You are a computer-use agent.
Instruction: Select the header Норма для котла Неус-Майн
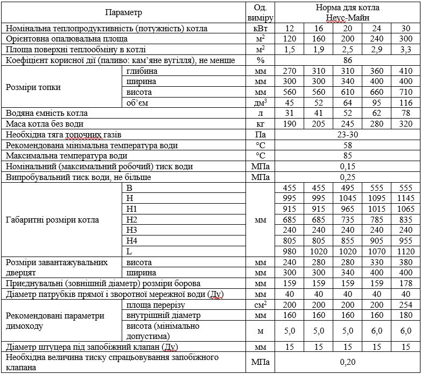click(347, 12)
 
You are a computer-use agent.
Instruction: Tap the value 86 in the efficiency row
click(347, 60)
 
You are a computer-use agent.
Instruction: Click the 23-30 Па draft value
click(347, 135)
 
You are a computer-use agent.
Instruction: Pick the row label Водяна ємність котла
click(46, 113)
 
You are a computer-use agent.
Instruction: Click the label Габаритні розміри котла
click(53, 220)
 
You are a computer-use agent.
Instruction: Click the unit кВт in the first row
click(261, 29)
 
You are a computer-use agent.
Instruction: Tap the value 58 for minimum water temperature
click(347, 146)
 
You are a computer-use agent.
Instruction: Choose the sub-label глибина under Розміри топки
click(142, 71)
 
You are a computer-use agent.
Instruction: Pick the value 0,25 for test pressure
click(347, 177)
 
